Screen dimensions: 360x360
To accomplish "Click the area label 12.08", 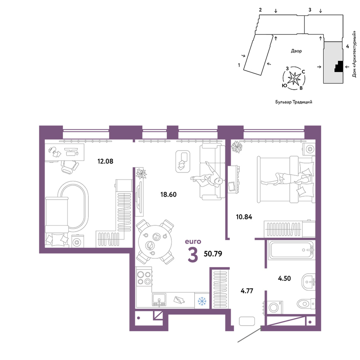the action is click(x=105, y=161).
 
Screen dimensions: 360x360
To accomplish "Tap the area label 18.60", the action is click(x=168, y=194).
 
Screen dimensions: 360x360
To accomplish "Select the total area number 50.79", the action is click(x=213, y=254).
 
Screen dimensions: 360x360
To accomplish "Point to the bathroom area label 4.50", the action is click(x=284, y=278).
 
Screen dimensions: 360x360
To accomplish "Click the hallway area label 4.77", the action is click(x=247, y=291).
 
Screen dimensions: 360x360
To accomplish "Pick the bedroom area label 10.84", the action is click(x=244, y=217).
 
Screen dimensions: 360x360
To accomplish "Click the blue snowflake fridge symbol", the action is click(x=202, y=301).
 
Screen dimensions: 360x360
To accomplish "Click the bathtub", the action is click(x=292, y=250).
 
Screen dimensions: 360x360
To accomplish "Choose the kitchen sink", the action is click(x=159, y=300).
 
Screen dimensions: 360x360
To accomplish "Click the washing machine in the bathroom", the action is click(x=273, y=307).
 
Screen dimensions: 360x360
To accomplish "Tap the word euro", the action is click(x=193, y=241).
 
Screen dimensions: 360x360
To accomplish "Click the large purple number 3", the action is click(x=193, y=255).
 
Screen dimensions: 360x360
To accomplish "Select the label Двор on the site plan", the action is click(x=296, y=51).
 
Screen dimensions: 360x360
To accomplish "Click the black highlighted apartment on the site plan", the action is click(x=338, y=67).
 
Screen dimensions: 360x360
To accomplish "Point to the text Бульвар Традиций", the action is click(x=294, y=102).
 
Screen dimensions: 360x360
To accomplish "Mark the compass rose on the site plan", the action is click(x=294, y=78).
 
